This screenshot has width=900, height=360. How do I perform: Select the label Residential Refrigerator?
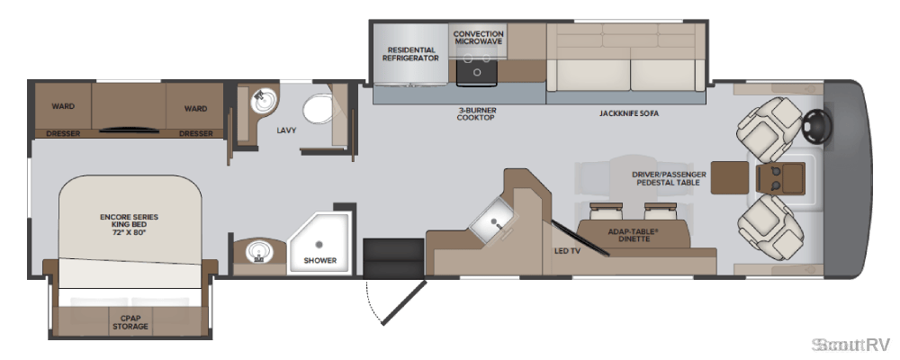pyautogui.click(x=410, y=54)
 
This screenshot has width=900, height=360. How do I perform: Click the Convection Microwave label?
pyautogui.click(x=478, y=38)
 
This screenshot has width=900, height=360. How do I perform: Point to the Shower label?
pyautogui.click(x=320, y=260)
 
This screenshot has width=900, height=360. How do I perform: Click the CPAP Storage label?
pyautogui.click(x=134, y=321)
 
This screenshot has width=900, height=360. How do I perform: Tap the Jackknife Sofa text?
pyautogui.click(x=629, y=113)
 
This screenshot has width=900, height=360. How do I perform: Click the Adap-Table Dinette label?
pyautogui.click(x=634, y=235)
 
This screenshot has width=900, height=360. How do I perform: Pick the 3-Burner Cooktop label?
pyautogui.click(x=476, y=113)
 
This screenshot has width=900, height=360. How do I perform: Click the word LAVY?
pyautogui.click(x=286, y=130)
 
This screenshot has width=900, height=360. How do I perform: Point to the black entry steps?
pyautogui.click(x=393, y=258)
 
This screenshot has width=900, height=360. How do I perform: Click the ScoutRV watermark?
pyautogui.click(x=850, y=345)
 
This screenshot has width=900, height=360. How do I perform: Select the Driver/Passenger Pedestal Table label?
pyautogui.click(x=669, y=178)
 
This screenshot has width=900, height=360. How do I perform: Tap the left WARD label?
pyautogui.click(x=63, y=107)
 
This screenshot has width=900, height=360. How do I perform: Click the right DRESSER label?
pyautogui.click(x=195, y=134)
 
